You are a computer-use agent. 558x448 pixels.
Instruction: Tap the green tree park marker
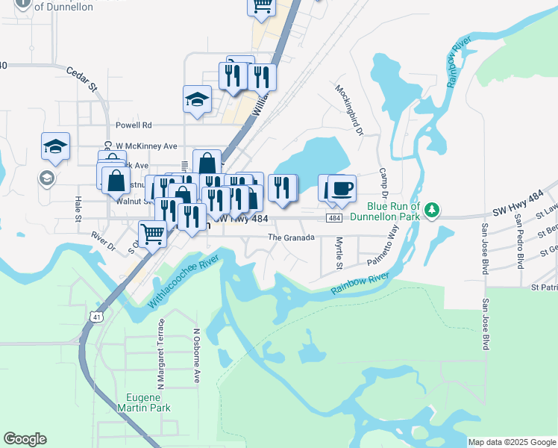pyautogui.click(x=432, y=212)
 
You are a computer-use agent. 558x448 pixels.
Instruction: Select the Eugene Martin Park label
pyautogui.click(x=144, y=402)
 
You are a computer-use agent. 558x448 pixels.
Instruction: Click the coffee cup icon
pyautogui.click(x=342, y=188)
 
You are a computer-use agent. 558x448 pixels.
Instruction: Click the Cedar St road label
pyautogui.click(x=82, y=78)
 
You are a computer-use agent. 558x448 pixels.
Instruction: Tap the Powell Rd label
pyautogui.click(x=134, y=125)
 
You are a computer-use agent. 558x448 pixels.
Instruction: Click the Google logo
pyautogui.click(x=25, y=439)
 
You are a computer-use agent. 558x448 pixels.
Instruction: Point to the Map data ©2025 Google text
pyautogui.click(x=511, y=442)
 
